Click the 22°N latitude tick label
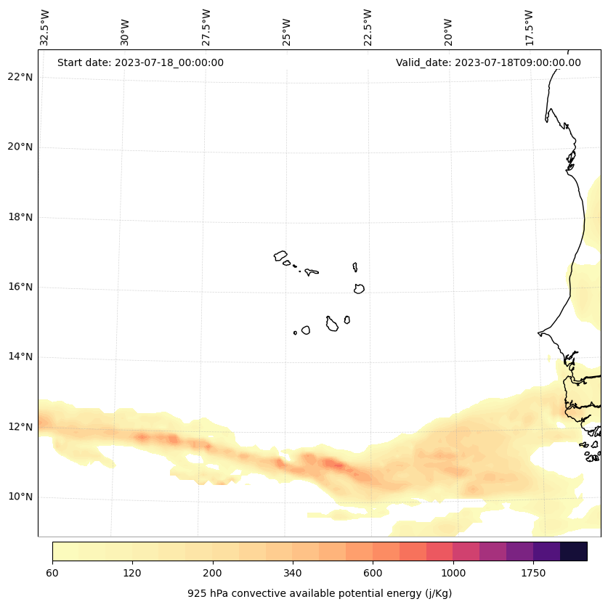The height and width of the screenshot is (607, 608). pyautogui.click(x=20, y=77)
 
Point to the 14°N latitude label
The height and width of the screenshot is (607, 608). pyautogui.click(x=20, y=357)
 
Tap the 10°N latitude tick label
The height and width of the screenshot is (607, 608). pyautogui.click(x=20, y=497)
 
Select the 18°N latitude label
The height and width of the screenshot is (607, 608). pyautogui.click(x=20, y=217)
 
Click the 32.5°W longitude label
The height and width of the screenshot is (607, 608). pyautogui.click(x=45, y=28)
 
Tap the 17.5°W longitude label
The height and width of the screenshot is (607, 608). pyautogui.click(x=529, y=28)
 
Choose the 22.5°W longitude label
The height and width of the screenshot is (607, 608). pyautogui.click(x=368, y=28)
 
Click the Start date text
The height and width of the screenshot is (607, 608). pyautogui.click(x=140, y=62)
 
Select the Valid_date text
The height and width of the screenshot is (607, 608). pyautogui.click(x=488, y=62)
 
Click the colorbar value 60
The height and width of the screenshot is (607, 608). pyautogui.click(x=52, y=573)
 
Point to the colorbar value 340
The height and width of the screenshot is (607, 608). pyautogui.click(x=293, y=573)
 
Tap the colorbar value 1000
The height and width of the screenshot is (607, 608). pyautogui.click(x=453, y=573)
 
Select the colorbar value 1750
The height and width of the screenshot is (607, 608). pyautogui.click(x=533, y=573)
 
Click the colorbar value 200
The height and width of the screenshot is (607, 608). pyautogui.click(x=213, y=573)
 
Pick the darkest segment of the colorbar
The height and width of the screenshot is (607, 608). pyautogui.click(x=573, y=551)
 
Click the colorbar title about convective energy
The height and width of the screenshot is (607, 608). pyautogui.click(x=320, y=593)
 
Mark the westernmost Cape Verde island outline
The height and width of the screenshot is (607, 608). pyautogui.click(x=280, y=256)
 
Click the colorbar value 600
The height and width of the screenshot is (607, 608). pyautogui.click(x=373, y=573)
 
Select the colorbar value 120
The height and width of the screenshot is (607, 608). pyautogui.click(x=132, y=573)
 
